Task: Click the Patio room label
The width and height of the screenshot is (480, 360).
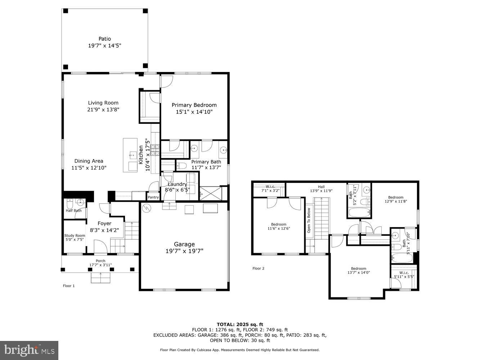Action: pos(104,39)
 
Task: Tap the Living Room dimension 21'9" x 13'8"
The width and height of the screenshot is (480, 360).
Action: pos(103,109)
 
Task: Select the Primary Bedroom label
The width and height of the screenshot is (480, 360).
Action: pos(194,105)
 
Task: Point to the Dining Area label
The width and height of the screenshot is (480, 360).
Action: pos(89,161)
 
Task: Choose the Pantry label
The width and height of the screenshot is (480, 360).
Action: pos(153,197)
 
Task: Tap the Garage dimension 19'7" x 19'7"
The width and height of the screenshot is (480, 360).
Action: pos(184,251)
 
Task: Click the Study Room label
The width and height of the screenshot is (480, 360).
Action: pos(75,236)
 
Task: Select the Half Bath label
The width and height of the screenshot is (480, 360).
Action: pos(73,211)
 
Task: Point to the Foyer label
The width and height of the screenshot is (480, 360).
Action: pos(104,223)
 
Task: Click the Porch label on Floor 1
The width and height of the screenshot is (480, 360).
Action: pos(100,261)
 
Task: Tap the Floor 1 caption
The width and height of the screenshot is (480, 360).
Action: pos(69,286)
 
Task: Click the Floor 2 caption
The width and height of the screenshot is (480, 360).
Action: pos(258,268)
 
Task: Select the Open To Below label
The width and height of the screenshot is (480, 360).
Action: pos(309,220)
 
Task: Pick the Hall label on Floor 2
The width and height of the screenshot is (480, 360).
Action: pos(321,187)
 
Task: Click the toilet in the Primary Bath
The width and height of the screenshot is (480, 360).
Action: pos(182,166)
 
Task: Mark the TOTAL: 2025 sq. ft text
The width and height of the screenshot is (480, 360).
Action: pos(240,324)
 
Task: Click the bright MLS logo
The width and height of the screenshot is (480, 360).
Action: pos(30,350)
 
